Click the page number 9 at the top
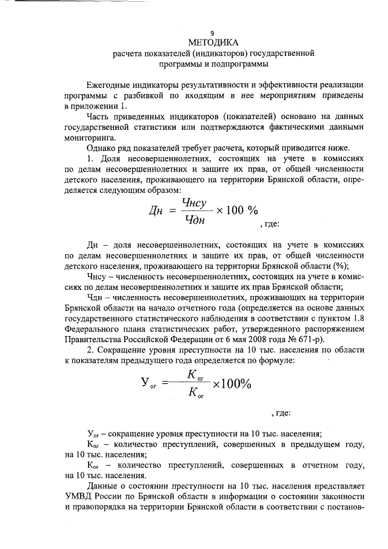212,33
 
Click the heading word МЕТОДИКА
212,42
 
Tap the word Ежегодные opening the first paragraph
111,85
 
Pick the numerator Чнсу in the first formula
195,204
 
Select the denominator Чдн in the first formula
194,219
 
